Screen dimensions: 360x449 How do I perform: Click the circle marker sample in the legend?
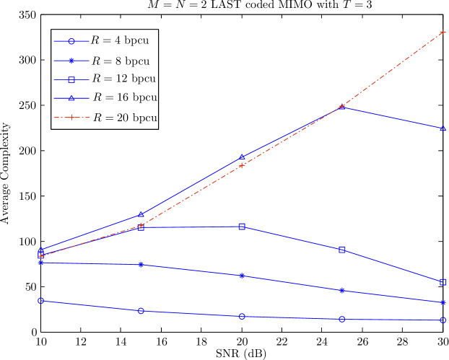point(71,41)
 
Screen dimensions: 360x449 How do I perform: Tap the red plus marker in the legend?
point(71,117)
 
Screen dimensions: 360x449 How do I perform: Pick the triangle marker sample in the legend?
point(71,97)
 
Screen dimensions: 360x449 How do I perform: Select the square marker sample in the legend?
point(71,79)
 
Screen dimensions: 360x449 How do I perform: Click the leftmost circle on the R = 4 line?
point(41,300)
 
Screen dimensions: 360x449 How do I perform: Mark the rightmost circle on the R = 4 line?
point(443,320)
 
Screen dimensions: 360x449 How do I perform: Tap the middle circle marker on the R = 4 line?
point(242,316)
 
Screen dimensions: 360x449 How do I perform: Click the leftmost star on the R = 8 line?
point(41,263)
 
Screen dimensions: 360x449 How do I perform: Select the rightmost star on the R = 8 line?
point(443,302)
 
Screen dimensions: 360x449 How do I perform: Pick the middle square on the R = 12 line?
point(242,227)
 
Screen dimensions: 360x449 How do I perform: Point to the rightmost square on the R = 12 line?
point(443,281)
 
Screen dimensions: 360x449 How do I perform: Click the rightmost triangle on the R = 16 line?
point(443,128)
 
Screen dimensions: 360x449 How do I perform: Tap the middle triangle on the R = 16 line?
point(242,157)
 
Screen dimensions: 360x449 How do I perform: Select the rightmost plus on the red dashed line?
point(443,32)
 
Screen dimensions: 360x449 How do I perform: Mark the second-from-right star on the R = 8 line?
point(342,290)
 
